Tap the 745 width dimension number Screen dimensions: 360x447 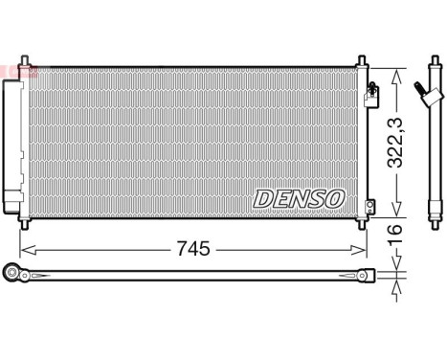tap(193, 249)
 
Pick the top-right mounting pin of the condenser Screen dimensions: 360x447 tap(361, 59)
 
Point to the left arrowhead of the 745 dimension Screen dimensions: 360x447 tap(26, 251)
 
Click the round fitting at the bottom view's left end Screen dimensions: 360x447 tap(12, 276)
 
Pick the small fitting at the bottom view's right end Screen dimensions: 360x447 tap(367, 277)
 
